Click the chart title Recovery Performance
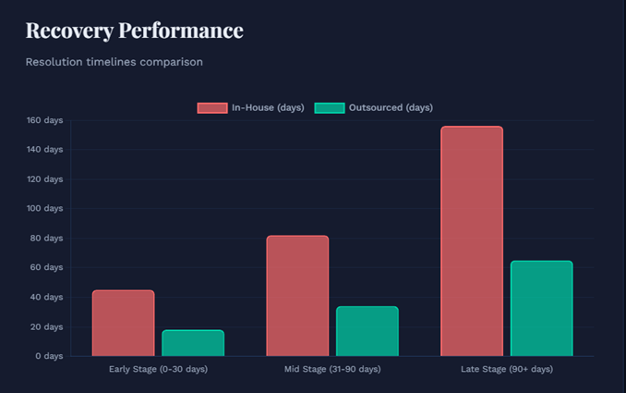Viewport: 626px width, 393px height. pos(134,31)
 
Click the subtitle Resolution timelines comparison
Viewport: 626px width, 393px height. pos(114,62)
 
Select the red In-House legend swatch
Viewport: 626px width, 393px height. pos(211,108)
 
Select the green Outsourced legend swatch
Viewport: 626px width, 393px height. pos(329,108)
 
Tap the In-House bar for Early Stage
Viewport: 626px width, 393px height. pos(123,323)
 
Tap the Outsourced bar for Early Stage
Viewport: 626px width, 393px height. pos(193,343)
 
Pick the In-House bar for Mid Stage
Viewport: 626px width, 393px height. pos(297,296)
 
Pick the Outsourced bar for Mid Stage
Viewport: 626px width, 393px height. pos(367,331)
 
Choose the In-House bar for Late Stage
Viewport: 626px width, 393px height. pos(471,241)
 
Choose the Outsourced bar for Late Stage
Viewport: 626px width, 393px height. pos(541,308)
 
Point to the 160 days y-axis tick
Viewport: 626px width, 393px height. pos(44,120)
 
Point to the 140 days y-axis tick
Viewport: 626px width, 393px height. pos(44,150)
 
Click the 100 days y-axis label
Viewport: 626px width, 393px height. pos(44,209)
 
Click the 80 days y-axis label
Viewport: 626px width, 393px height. pos(46,238)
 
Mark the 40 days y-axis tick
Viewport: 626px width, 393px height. pos(46,297)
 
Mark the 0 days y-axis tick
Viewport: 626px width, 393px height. pos(49,356)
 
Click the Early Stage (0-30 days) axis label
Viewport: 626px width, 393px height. pos(158,370)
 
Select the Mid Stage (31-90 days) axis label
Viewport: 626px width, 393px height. pos(331,370)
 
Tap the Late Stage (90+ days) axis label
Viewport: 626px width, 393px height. pos(506,370)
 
